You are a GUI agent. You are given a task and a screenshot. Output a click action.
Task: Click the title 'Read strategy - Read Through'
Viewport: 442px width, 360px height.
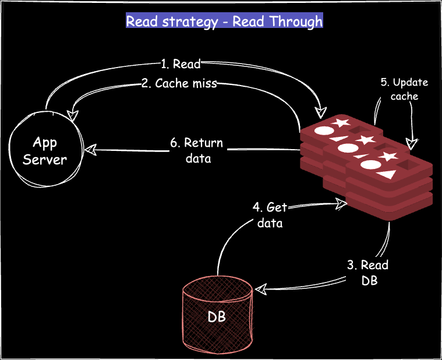224,22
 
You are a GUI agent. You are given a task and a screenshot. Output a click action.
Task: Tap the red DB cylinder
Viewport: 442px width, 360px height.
217,313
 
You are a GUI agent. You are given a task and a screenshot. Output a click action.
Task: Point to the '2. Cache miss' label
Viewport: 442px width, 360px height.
179,83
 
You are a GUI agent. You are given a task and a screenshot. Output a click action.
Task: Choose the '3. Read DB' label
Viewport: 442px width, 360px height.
367,273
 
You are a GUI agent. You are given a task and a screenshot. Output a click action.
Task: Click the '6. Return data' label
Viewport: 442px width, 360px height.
197,150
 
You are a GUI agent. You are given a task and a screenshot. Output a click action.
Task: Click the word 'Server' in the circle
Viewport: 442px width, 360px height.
45,158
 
